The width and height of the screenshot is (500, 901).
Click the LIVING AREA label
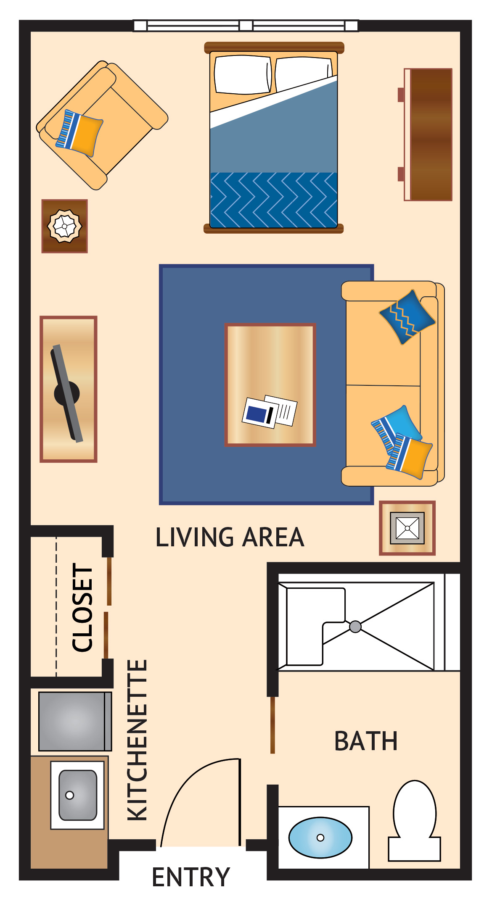point(230,537)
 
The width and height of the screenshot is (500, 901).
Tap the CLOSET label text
point(82,607)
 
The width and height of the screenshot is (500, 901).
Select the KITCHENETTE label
point(138,740)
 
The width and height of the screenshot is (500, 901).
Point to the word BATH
point(365,741)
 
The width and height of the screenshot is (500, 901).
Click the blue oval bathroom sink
point(320,837)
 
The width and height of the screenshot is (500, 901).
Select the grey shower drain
point(355,627)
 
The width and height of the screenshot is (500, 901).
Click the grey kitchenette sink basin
point(78,795)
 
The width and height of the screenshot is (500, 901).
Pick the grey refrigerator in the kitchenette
point(74,721)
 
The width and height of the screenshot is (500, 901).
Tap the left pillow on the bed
point(243,75)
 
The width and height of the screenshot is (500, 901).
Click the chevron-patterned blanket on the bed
point(273,200)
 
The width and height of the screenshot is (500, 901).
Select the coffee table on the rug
point(270,384)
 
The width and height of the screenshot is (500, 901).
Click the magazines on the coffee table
point(270,411)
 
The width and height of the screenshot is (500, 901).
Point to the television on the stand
point(67,393)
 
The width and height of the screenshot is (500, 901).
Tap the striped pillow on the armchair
point(79,132)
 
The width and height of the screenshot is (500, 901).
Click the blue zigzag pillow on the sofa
point(407,316)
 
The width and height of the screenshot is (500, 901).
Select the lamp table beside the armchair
point(64,226)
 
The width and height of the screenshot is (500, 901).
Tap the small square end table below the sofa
point(407,528)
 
